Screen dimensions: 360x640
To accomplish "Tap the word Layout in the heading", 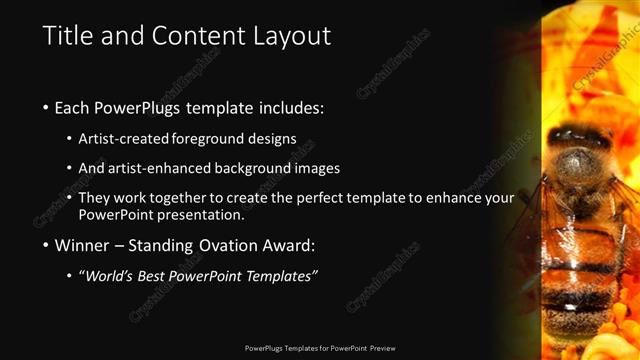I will coord(290,36).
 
